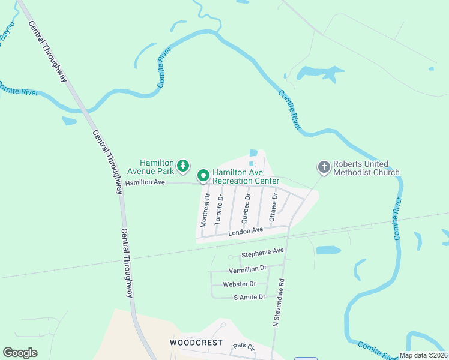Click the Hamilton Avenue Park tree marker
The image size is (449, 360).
point(183,166)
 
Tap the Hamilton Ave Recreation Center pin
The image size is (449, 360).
point(203,176)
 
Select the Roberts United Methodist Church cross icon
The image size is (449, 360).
point(324,167)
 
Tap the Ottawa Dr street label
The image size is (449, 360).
point(274,205)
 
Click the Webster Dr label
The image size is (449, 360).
point(239,284)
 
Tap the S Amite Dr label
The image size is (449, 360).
point(249,297)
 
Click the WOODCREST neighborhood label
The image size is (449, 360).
point(196,343)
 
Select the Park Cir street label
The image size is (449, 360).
point(244,346)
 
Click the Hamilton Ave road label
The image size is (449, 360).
point(145,182)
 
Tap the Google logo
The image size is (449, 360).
point(20,352)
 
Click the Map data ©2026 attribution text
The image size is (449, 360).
point(424,355)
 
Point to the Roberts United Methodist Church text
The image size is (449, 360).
point(366,168)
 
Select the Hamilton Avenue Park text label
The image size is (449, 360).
point(157,166)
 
